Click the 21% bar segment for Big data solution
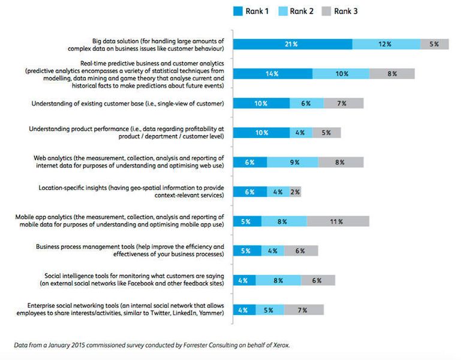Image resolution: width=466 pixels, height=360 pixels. [x=293, y=44]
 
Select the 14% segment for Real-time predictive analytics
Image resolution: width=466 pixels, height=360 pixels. [x=273, y=74]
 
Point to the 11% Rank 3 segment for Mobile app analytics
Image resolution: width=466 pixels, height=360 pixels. [x=338, y=221]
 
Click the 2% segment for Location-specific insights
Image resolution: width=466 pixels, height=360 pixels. [x=294, y=192]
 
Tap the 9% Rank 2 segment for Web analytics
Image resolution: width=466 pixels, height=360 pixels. [x=293, y=162]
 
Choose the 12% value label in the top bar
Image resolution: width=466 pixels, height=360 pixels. [x=385, y=44]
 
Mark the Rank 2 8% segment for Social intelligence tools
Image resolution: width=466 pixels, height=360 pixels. [x=278, y=280]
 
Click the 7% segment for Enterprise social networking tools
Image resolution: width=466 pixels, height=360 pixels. [x=303, y=310]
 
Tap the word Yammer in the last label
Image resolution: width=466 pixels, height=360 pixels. [x=209, y=314]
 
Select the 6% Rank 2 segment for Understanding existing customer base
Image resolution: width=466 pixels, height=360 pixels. [x=306, y=103]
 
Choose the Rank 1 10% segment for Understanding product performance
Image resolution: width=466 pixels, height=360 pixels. [x=261, y=133]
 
